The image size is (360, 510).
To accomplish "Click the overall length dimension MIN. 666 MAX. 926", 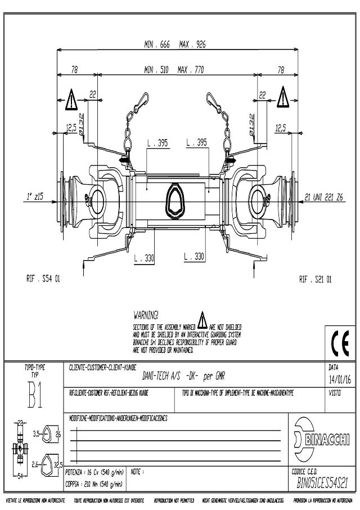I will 173,44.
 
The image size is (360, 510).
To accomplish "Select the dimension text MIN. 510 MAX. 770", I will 173,70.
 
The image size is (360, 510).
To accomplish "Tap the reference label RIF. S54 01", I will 43,278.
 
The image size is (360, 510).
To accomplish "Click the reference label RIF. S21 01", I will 315,278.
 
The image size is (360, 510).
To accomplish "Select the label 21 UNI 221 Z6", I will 324,196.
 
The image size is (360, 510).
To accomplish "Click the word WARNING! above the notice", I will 146,313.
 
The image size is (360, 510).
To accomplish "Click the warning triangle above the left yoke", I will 71,100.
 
